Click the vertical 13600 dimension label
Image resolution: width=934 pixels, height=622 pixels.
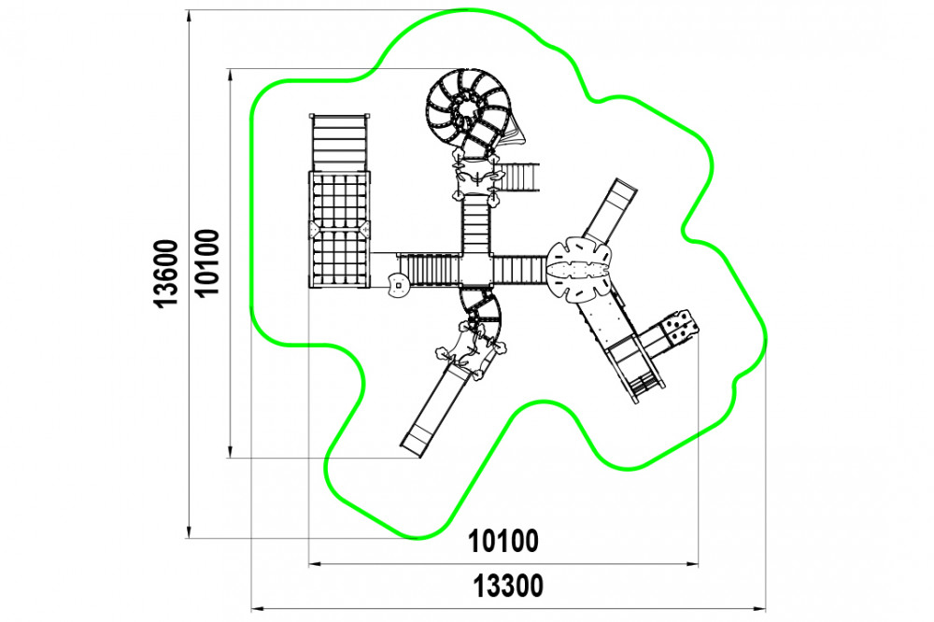click(x=166, y=273)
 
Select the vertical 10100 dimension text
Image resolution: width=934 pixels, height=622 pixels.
click(x=206, y=262)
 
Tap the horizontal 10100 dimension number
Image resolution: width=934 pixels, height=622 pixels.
click(x=503, y=541)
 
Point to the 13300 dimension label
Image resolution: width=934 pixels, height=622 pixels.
click(x=508, y=586)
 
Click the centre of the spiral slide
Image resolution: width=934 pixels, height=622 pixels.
click(x=468, y=111)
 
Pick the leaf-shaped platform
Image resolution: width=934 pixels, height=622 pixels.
click(x=579, y=270)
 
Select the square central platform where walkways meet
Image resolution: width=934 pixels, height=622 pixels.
click(x=475, y=270)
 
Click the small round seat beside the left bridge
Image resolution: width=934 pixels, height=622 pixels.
click(x=397, y=284)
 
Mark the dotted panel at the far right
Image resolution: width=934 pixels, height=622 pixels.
click(x=680, y=327)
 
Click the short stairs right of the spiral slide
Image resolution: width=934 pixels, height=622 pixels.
click(x=518, y=177)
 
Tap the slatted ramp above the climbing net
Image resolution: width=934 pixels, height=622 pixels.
click(x=339, y=142)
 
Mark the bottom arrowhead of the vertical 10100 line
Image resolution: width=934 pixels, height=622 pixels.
click(x=230, y=452)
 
